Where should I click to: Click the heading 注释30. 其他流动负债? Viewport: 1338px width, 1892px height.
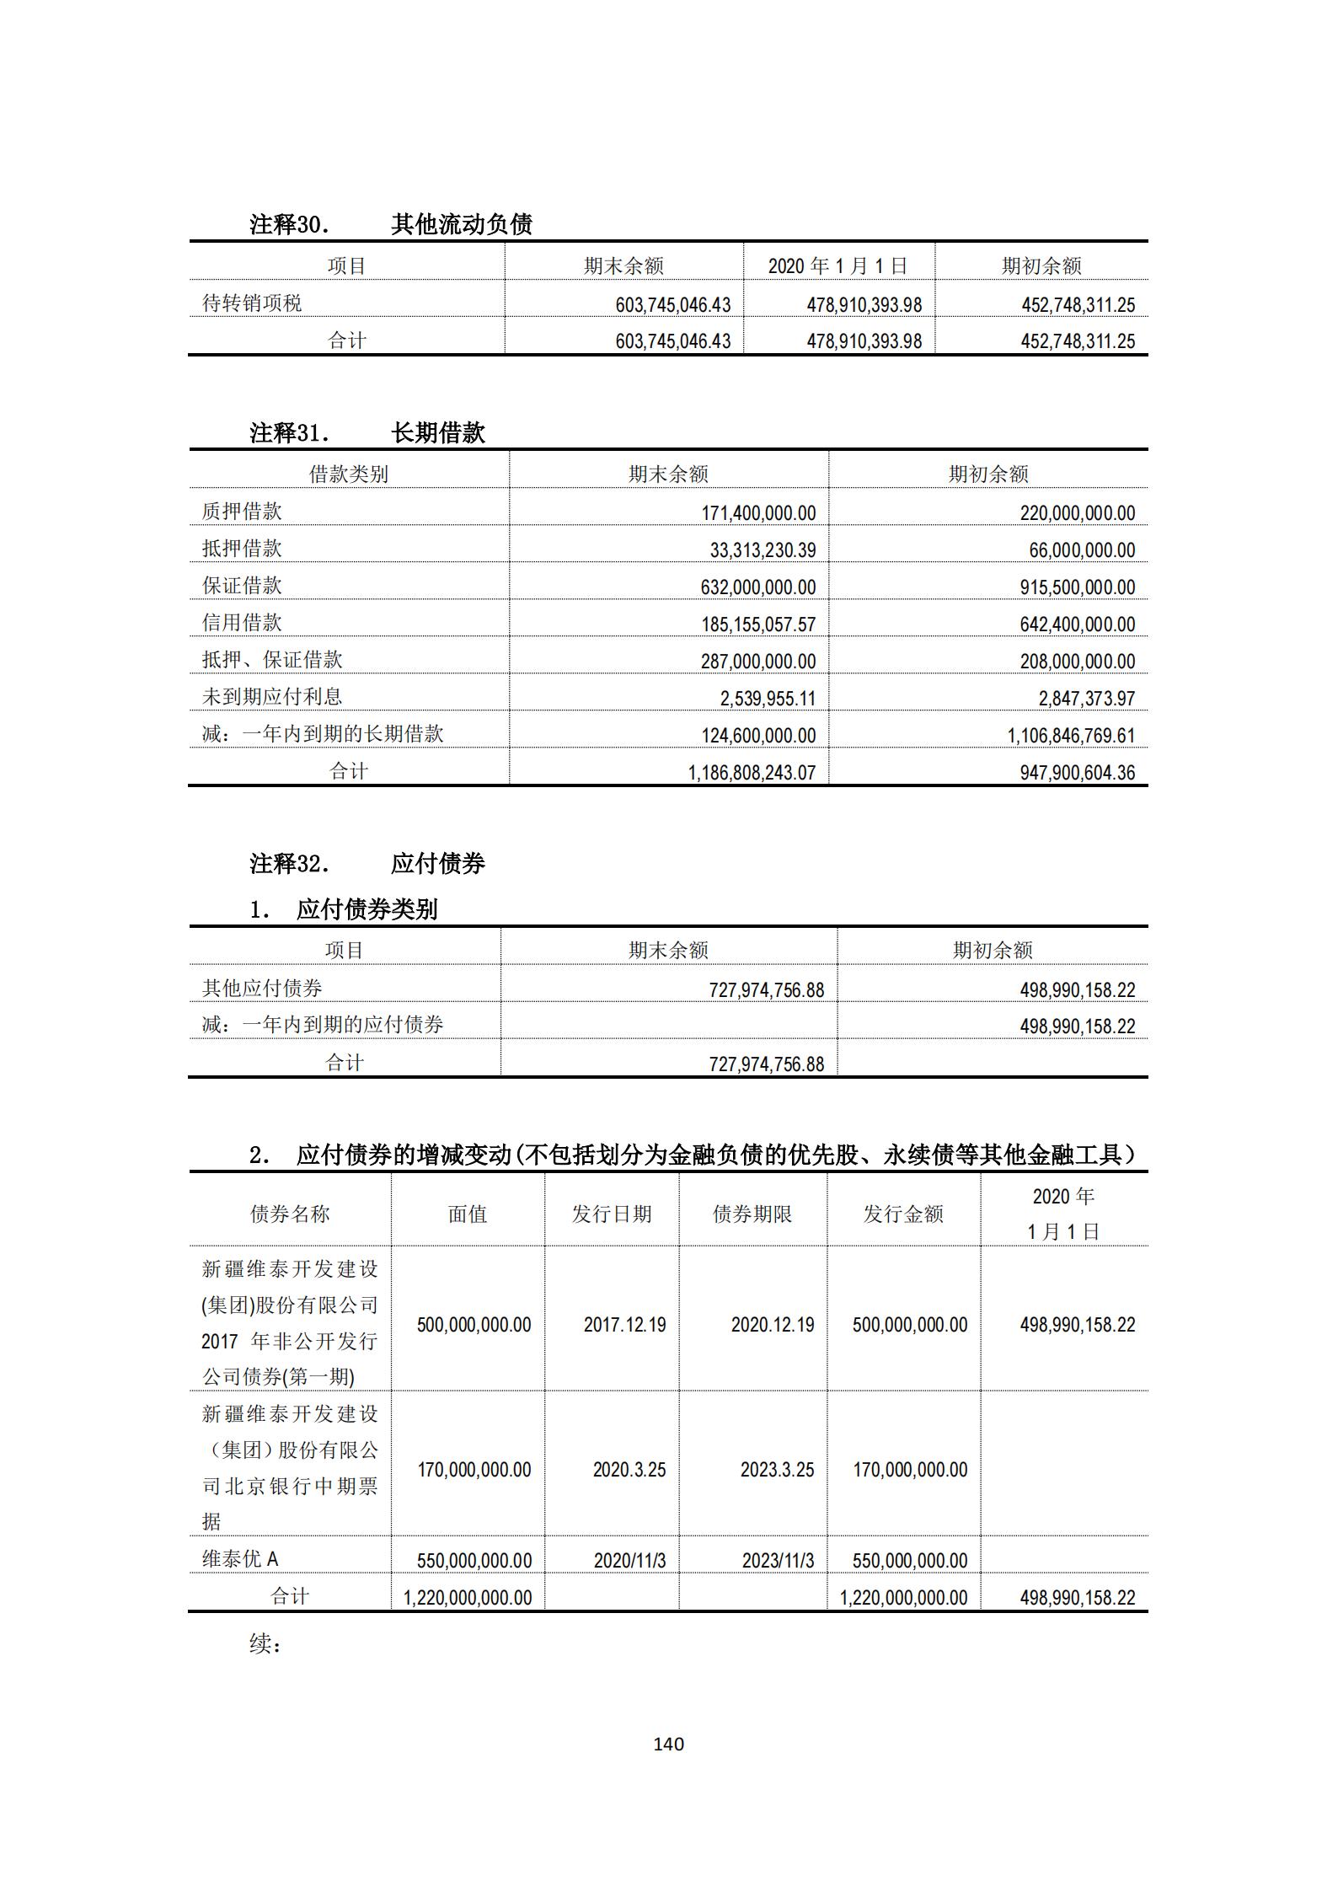click(391, 224)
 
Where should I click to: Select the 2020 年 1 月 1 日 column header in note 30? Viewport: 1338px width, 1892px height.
click(838, 266)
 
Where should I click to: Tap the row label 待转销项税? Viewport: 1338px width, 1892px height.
click(252, 303)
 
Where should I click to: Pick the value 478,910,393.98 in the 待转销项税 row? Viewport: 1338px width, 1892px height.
click(864, 305)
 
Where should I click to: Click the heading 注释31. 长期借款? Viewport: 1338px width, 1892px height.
click(367, 433)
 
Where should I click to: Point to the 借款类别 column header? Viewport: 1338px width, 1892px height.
click(349, 474)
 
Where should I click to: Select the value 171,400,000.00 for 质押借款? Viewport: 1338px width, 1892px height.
click(758, 513)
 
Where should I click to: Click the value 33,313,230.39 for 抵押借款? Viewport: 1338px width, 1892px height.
click(763, 550)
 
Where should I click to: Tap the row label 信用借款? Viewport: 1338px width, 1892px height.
click(242, 623)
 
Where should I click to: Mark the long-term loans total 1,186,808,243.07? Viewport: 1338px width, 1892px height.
click(752, 773)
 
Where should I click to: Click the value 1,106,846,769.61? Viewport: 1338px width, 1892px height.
click(1071, 736)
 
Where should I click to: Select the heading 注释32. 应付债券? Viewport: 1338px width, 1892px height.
click(367, 864)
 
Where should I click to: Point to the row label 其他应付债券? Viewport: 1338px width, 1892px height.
click(262, 989)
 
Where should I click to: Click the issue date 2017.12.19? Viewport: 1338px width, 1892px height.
click(624, 1325)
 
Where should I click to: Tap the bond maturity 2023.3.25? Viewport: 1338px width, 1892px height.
click(777, 1470)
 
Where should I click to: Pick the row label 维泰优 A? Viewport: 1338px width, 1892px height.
click(240, 1559)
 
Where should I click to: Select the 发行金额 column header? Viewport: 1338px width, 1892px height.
click(903, 1214)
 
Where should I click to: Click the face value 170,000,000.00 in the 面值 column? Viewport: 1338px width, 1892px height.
click(474, 1470)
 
